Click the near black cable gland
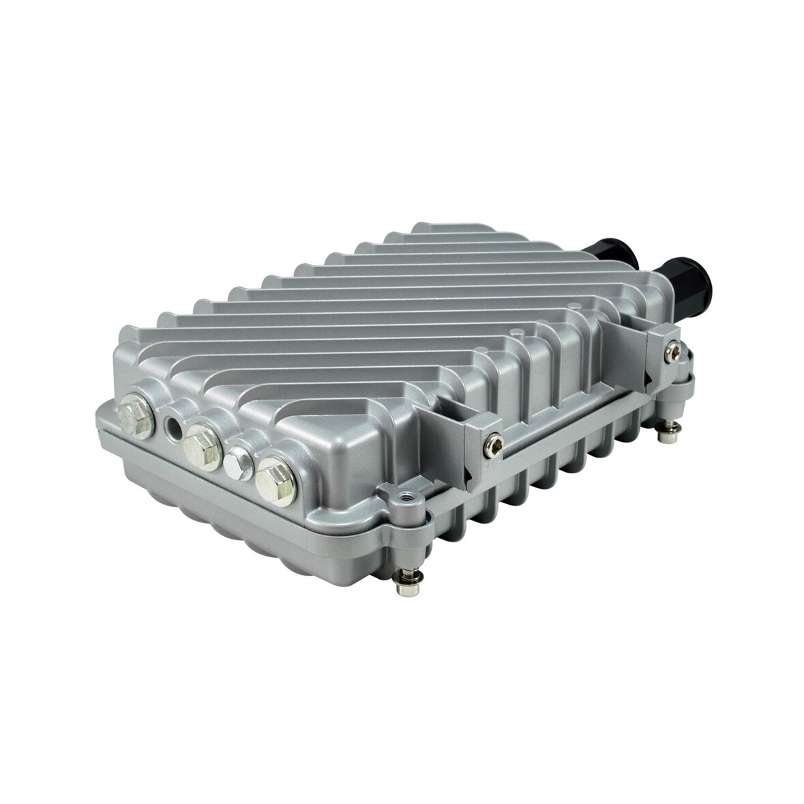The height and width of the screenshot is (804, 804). coord(685,281)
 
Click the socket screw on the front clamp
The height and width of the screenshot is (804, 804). coord(488,446)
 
